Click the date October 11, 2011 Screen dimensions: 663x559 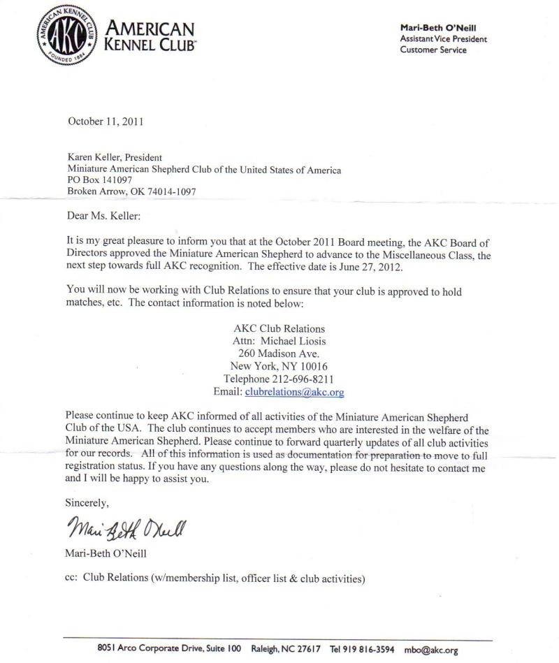pyautogui.click(x=106, y=121)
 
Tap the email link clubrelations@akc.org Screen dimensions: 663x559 pyautogui.click(x=294, y=392)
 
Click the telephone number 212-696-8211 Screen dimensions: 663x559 pyautogui.click(x=304, y=379)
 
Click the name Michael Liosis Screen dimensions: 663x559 pyautogui.click(x=293, y=341)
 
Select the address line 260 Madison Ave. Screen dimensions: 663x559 pyautogui.click(x=279, y=354)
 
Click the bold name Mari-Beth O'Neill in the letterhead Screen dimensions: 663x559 pyautogui.click(x=437, y=27)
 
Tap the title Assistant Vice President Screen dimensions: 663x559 pyautogui.click(x=443, y=38)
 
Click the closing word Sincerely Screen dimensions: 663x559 pyautogui.click(x=87, y=502)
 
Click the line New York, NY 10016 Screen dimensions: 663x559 pyautogui.click(x=279, y=366)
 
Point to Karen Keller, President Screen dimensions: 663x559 pyautogui.click(x=115, y=158)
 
